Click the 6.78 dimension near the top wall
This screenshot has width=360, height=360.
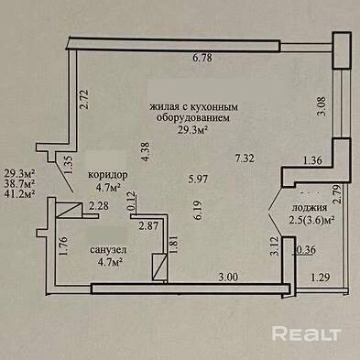202,58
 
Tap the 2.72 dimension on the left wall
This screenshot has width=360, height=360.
84,99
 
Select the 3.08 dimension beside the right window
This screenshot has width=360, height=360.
322,106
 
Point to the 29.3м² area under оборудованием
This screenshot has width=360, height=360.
193,130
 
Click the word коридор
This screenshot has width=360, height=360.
108,175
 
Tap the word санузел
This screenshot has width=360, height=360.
108,250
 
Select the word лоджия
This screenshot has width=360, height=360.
310,208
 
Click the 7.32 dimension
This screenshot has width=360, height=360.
245,158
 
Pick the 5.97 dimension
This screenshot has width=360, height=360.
198,179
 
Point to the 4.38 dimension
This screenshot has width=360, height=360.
147,152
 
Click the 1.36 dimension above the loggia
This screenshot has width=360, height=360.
312,160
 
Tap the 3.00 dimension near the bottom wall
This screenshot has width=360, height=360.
228,277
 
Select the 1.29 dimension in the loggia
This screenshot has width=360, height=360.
321,278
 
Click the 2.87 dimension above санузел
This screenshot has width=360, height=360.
148,226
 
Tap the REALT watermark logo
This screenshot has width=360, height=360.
306,333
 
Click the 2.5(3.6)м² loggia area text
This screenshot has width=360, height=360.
311,220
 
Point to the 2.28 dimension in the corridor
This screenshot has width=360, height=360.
99,206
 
